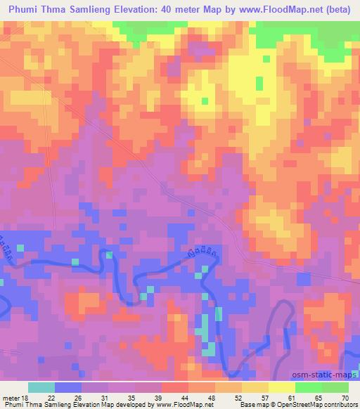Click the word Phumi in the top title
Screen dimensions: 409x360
(21, 9)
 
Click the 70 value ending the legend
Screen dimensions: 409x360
(345, 397)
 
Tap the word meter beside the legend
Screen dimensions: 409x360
(11, 397)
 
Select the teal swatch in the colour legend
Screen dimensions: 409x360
(41, 387)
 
